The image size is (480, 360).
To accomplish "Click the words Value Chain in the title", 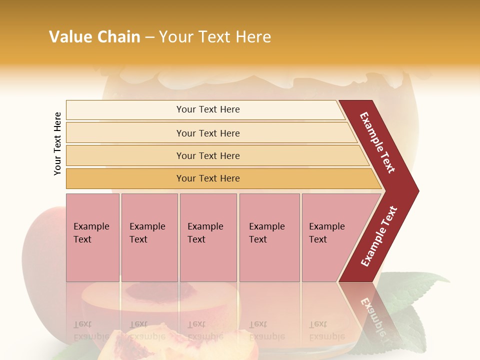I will pos(94,37).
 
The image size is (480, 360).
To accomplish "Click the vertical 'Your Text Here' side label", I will pos(57,143).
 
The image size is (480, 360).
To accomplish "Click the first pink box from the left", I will pos(92,237).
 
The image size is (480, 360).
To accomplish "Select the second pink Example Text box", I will pos(149,237).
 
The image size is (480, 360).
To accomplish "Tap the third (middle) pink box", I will pos(208,237).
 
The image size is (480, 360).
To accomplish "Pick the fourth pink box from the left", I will pos(269,237).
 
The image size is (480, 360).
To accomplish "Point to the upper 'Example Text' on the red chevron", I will pos(377,142).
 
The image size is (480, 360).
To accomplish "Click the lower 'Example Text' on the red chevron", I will pos(379,236).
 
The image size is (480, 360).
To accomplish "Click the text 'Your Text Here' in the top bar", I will pos(208,109).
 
